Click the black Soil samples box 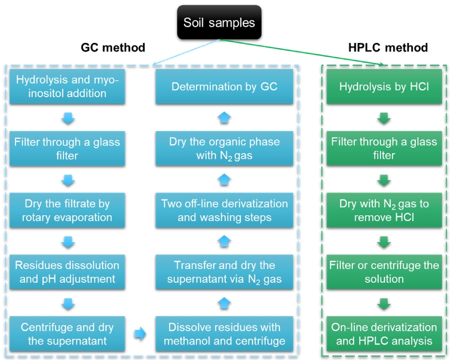219,22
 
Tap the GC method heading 112,48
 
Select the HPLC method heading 388,48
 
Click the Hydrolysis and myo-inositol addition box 68,87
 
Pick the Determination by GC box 225,87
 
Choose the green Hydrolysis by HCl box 384,87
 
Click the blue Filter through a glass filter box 68,148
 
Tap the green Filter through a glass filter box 384,148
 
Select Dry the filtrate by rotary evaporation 68,210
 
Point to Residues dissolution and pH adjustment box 68,272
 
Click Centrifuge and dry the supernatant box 68,334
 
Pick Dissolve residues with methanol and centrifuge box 225,334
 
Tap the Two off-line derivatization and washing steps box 225,210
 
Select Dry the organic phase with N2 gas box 225,148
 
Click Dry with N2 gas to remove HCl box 384,210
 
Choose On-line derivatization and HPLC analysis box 384,334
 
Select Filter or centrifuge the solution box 384,272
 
